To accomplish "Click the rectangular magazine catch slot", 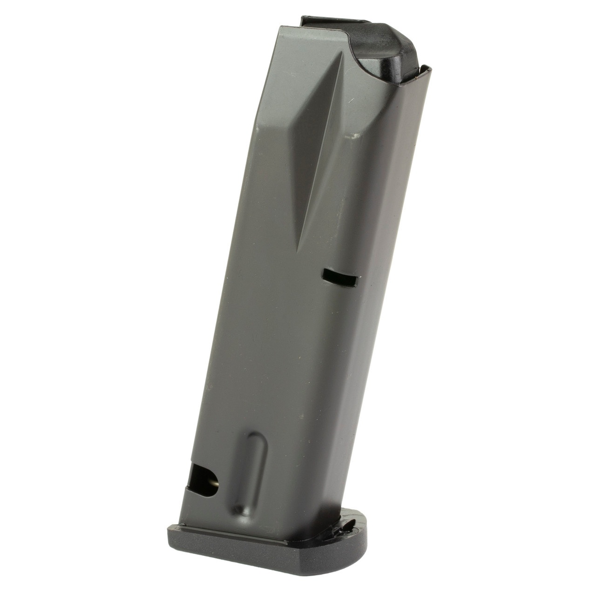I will point(340,278).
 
